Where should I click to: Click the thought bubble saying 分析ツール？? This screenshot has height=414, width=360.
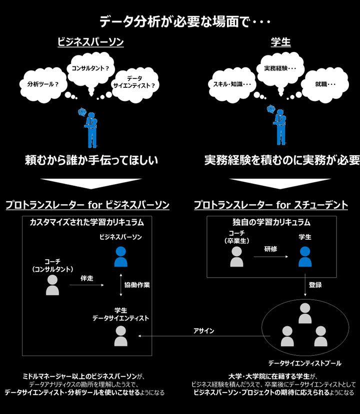pos(43,84)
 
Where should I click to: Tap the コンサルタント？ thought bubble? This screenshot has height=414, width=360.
pos(90,68)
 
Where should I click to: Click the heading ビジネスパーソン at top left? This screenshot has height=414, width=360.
pos(90,42)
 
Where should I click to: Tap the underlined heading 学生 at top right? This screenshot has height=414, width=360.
pos(280,42)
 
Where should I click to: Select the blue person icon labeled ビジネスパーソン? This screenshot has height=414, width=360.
pos(121,257)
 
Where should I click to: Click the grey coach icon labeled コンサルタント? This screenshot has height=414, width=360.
pos(52,285)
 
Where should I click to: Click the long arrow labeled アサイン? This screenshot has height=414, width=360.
pos(204,336)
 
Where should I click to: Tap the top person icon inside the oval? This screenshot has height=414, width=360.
pos(305,313)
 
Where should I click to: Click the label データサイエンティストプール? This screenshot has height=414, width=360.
pos(304,364)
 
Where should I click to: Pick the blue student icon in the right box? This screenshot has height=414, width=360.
pos(305,257)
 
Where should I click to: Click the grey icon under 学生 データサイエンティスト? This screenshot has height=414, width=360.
pos(121,336)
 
